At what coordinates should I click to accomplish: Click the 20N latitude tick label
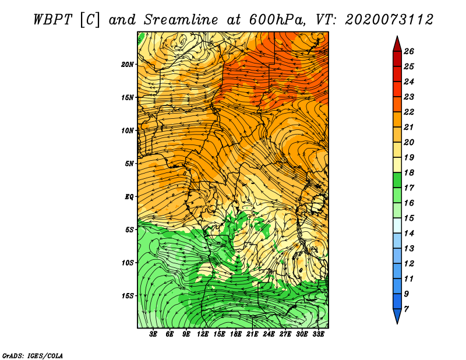(x=127, y=65)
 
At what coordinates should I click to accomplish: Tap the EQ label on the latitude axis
(x=129, y=197)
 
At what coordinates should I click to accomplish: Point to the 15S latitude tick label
(x=127, y=296)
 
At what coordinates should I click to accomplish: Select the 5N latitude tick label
(x=129, y=164)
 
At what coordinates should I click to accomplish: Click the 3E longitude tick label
(x=153, y=334)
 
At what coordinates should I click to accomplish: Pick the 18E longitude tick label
(x=236, y=334)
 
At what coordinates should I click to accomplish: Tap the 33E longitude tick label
(x=318, y=334)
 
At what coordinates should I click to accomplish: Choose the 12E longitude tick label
(x=203, y=334)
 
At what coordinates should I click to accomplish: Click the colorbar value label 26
(x=409, y=51)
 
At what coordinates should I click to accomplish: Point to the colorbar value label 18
(x=409, y=172)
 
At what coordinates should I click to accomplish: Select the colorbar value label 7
(x=406, y=309)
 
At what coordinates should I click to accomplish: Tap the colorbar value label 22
(x=409, y=112)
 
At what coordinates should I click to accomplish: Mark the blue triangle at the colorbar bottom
(x=397, y=315)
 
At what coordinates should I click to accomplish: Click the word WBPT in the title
(x=52, y=20)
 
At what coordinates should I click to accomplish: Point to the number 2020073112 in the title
(x=389, y=20)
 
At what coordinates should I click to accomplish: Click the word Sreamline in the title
(x=181, y=20)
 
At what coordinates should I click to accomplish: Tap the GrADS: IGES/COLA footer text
(x=33, y=355)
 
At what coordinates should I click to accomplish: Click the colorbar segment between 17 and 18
(x=397, y=180)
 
